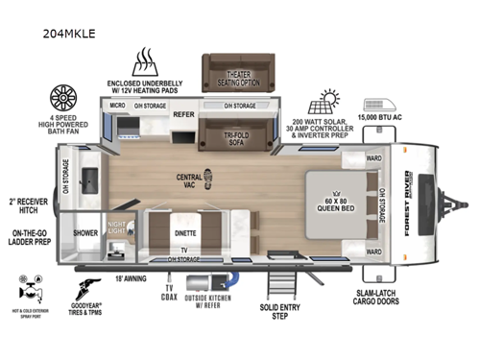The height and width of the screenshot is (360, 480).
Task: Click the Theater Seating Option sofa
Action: click(x=237, y=72)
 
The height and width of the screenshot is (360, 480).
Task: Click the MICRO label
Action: click(x=117, y=106)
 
